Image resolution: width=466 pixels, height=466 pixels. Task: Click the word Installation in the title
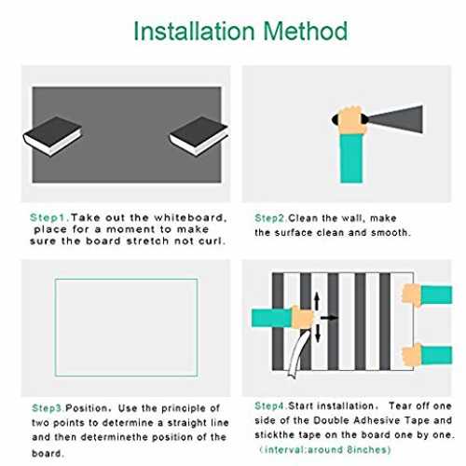(x=194, y=31)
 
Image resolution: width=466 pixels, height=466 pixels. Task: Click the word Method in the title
(x=306, y=31)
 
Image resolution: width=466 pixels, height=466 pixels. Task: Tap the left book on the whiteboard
(x=52, y=136)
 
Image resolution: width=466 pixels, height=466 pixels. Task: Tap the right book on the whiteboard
(x=199, y=136)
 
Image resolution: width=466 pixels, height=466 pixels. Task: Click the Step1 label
(x=49, y=218)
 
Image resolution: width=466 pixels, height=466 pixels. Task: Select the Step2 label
(x=270, y=218)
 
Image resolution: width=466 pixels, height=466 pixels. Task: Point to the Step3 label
(x=48, y=408)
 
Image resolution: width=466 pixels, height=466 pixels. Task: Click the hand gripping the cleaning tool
(x=351, y=120)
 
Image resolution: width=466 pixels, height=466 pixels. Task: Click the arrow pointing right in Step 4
(x=329, y=318)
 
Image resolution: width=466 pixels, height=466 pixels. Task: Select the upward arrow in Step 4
(x=317, y=300)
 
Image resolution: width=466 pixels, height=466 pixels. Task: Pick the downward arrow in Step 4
(x=318, y=334)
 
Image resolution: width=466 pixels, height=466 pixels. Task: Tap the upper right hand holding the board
(x=412, y=295)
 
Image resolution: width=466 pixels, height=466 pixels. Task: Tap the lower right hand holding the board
(x=412, y=355)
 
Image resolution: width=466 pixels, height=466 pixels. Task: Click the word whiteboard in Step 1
(x=190, y=217)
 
